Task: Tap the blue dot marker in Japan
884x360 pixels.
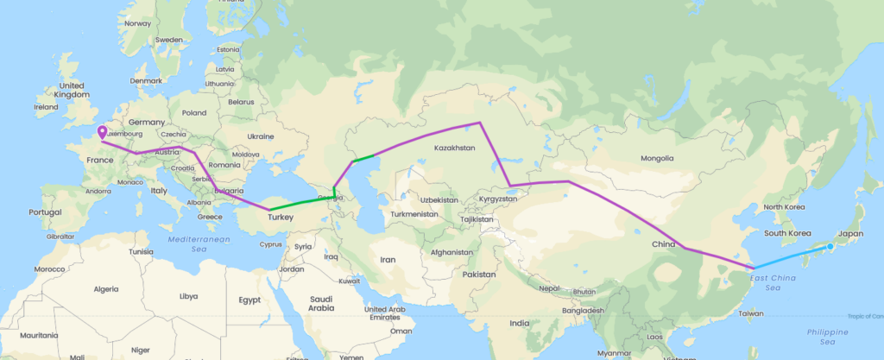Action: tap(830, 247)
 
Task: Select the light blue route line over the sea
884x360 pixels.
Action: tap(790, 258)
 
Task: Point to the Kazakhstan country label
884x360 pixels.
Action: tap(454, 148)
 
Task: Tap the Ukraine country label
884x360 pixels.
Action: tap(261, 136)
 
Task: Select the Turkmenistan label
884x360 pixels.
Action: tap(416, 213)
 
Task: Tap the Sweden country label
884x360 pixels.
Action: tap(169, 39)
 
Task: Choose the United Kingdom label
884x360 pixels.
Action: tap(72, 90)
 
